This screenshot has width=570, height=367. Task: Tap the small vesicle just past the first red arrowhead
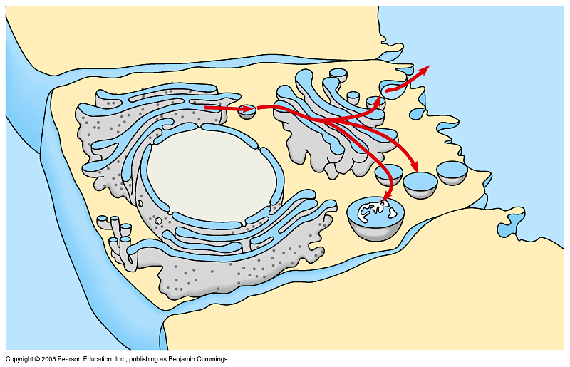[247, 110]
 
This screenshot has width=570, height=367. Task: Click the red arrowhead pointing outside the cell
[425, 69]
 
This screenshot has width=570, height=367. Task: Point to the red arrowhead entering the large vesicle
[386, 197]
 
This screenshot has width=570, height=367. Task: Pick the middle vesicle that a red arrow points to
[420, 184]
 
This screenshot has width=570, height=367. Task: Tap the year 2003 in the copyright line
[51, 359]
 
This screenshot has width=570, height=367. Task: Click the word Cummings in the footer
[212, 359]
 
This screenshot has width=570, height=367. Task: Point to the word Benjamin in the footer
[177, 359]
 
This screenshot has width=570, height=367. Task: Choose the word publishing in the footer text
[141, 359]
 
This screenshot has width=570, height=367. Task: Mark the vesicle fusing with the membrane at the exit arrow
[391, 86]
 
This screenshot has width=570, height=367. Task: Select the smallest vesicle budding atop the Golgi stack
[353, 95]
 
